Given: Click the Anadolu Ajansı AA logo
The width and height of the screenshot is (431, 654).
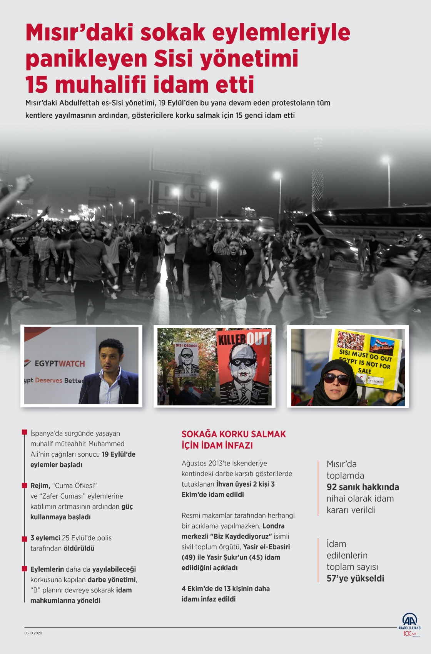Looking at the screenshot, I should pos(409,620).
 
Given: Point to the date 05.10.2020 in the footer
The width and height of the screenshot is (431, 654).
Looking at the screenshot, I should pos(33,633).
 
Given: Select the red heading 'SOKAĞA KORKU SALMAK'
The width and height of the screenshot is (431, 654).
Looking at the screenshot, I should pos(234,434).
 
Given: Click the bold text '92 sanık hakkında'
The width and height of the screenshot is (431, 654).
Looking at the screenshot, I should pos(363,487).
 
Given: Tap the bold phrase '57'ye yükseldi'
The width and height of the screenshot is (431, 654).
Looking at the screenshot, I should pos(355,579).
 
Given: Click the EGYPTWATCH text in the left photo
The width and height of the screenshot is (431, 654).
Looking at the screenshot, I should pos(60,364).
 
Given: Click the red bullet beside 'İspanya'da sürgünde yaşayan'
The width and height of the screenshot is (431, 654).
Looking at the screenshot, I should pos(25,433).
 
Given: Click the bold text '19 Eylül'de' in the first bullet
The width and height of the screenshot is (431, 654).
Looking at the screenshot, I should pos(119,454).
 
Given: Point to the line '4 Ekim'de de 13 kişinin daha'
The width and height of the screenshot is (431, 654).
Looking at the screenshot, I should pos(226,589).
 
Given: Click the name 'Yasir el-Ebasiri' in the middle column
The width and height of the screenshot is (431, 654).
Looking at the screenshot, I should pos(267,547).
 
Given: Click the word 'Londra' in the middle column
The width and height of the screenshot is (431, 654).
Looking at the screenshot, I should pos(274,526).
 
